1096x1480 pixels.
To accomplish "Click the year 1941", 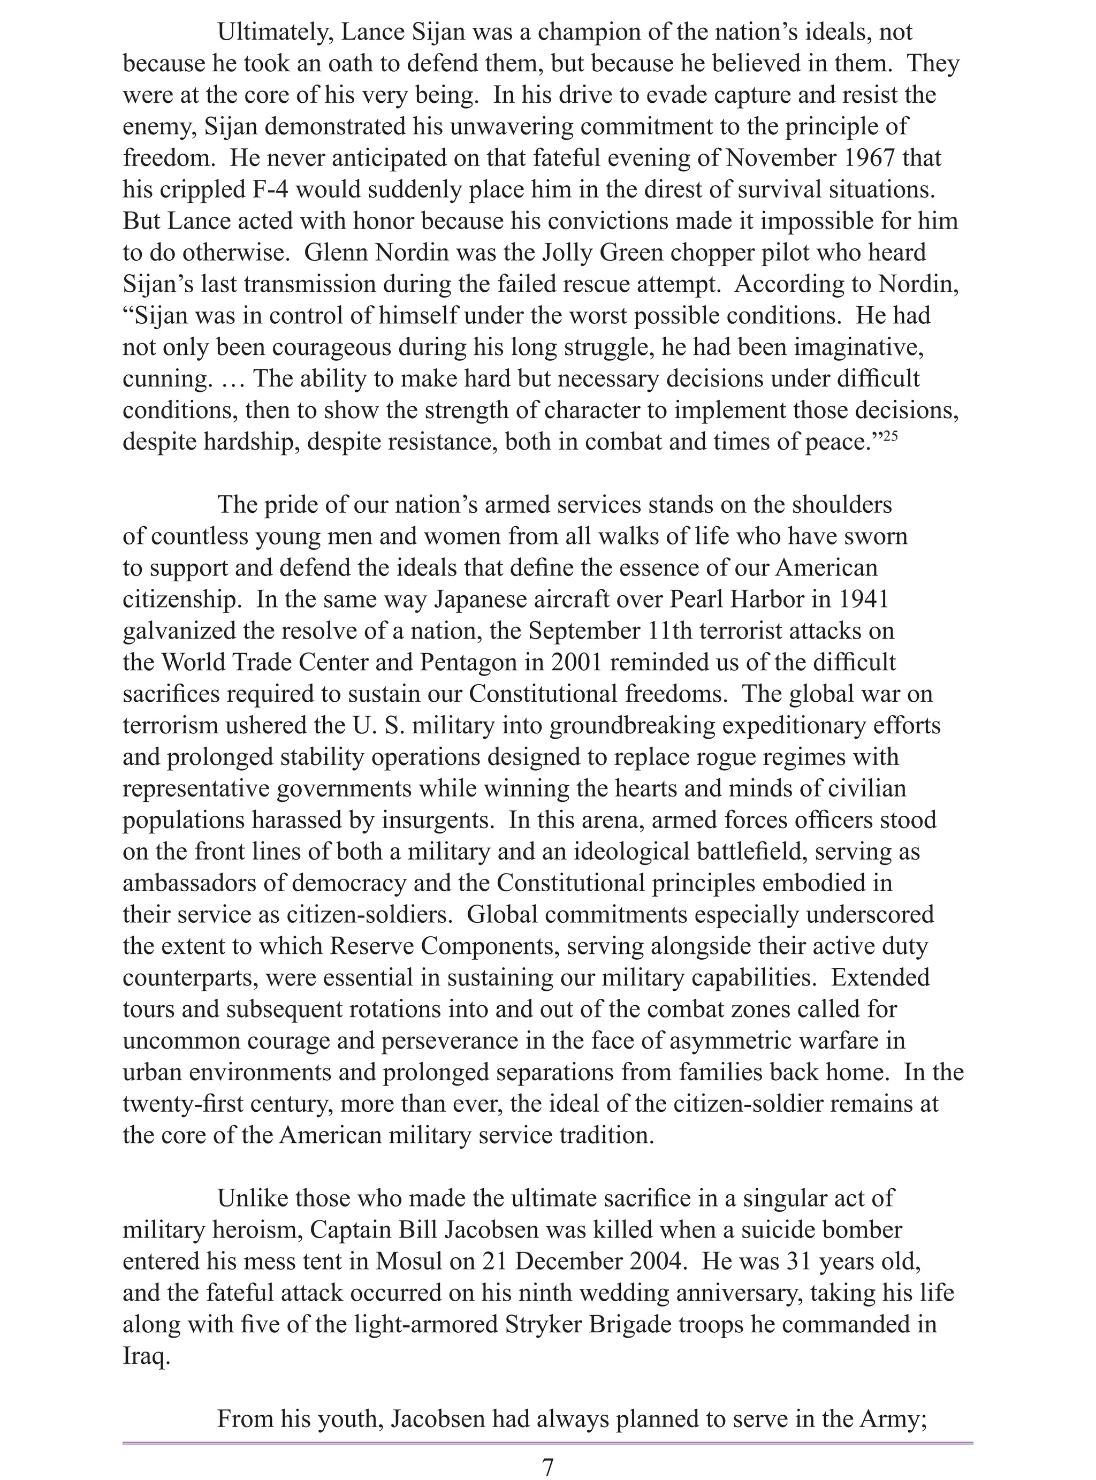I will coord(863,599).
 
